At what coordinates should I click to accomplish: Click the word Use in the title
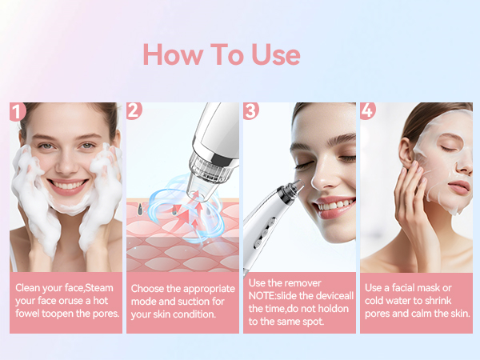[x=276, y=54]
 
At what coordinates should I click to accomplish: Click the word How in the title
[x=173, y=54]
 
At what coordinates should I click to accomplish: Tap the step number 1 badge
[x=17, y=111]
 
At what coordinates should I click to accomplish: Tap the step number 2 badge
[x=134, y=110]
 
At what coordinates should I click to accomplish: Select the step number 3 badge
[x=251, y=110]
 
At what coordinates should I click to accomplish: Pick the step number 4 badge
[x=368, y=110]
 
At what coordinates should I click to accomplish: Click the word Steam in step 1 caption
[x=99, y=288]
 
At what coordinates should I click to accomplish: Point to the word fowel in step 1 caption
[x=27, y=314]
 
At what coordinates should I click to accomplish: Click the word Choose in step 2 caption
[x=147, y=289]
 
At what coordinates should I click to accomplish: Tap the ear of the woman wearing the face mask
[x=406, y=154]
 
